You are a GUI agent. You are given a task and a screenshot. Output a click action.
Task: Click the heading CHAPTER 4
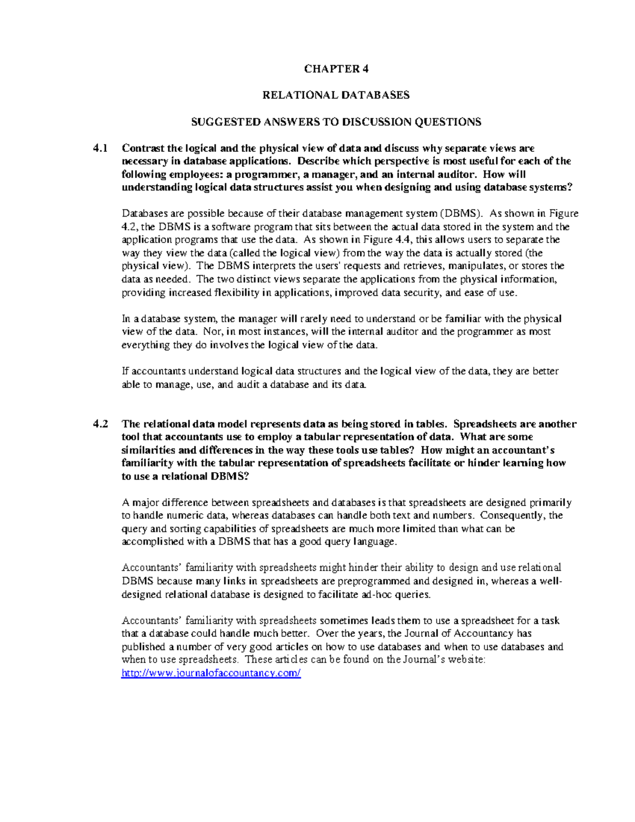(x=336, y=69)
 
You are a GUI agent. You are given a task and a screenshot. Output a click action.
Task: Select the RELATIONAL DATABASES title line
(x=336, y=95)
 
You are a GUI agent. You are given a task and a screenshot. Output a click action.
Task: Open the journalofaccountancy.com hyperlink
(x=211, y=673)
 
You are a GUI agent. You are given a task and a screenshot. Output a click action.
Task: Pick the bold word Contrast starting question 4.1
(x=143, y=148)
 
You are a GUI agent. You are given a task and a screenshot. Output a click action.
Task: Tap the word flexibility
(x=236, y=293)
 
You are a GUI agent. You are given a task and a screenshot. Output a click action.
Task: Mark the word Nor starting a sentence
(x=211, y=332)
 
